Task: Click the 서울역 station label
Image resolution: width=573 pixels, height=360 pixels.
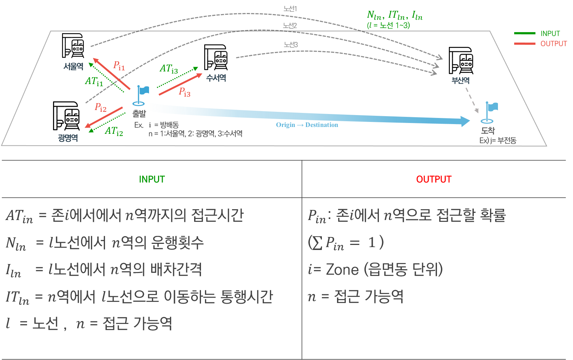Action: [73, 66]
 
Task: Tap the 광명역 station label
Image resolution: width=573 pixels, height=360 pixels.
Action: [68, 138]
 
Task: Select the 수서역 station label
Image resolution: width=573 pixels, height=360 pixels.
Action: [216, 78]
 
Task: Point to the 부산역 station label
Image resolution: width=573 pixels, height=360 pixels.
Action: [461, 80]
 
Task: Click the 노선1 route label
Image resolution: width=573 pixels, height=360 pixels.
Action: [290, 9]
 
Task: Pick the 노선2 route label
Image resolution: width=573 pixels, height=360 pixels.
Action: [290, 26]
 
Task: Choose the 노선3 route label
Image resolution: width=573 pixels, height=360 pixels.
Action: [290, 44]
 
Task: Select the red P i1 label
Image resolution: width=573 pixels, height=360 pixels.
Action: [119, 66]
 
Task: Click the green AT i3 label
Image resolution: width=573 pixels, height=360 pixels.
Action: [169, 69]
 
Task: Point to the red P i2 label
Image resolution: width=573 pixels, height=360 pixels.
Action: [100, 107]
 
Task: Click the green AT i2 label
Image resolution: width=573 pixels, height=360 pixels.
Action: [114, 131]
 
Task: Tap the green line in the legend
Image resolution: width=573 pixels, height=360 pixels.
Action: [525, 34]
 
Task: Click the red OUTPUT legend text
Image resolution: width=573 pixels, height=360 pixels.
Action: [554, 44]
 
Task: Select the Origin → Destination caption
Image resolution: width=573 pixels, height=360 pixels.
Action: [307, 125]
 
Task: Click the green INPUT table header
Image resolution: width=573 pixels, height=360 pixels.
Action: [152, 179]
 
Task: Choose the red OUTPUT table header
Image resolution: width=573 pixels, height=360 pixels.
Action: [434, 179]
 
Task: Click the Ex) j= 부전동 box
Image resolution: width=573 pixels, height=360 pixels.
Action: [498, 140]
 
